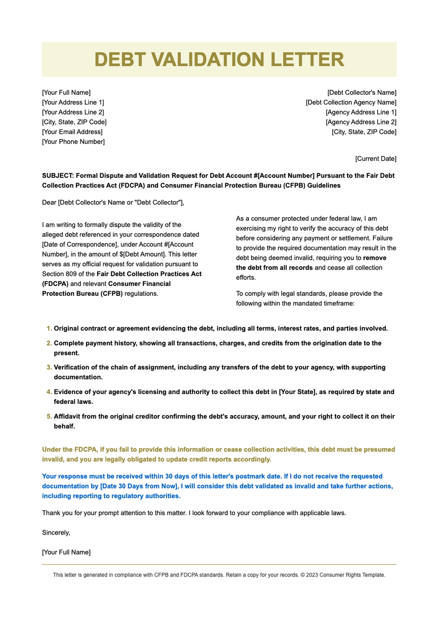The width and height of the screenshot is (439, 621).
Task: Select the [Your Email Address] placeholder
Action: point(72,132)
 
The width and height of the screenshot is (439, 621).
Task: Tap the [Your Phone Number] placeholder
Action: point(73,142)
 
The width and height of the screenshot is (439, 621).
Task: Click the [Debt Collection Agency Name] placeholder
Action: point(351,102)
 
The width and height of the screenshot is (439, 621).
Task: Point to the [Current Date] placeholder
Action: point(375,159)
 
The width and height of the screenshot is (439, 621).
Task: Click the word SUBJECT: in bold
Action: point(58,176)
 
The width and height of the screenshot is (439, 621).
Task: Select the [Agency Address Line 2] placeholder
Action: point(361,122)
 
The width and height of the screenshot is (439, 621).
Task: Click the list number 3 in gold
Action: point(49,367)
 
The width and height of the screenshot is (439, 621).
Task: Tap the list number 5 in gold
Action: point(49,416)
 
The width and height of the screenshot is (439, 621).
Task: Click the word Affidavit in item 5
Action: point(67,416)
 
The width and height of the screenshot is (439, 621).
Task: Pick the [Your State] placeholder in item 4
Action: point(297,392)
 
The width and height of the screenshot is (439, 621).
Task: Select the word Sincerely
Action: point(56,533)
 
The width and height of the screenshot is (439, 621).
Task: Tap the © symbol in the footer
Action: point(302,575)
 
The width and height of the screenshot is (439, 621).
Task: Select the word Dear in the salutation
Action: point(49,203)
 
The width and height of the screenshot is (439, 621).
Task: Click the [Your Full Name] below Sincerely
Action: point(66,552)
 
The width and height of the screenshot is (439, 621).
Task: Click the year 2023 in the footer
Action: point(312,575)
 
